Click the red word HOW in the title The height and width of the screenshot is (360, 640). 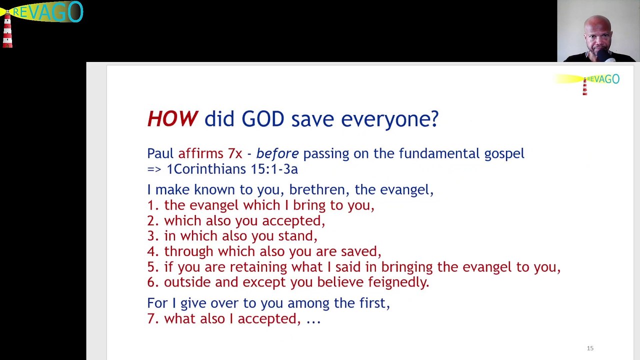[172, 118]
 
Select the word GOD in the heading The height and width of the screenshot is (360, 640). [263, 118]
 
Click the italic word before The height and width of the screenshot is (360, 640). [277, 153]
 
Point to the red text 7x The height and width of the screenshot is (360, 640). [235, 153]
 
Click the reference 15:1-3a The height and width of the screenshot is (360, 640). [274, 169]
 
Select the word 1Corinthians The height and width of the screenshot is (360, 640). [206, 169]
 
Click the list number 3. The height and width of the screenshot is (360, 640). [153, 236]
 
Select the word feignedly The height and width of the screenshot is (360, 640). [398, 282]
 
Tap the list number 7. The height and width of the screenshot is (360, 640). [153, 318]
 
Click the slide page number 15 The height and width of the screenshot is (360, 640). [590, 348]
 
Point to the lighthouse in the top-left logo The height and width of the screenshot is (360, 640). [7, 29]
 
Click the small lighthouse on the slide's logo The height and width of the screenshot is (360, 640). [584, 86]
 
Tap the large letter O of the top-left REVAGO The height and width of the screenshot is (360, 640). [75, 11]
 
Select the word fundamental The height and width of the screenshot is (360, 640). [439, 153]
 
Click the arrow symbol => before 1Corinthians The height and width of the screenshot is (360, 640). [154, 169]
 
